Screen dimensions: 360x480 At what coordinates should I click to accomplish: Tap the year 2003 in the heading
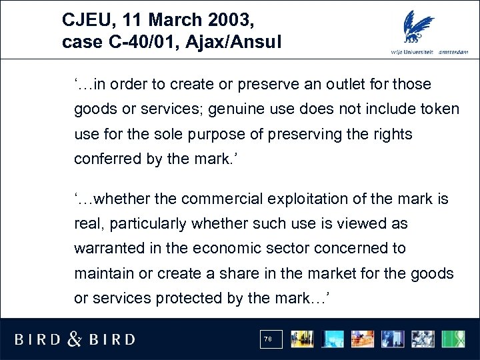(x=227, y=19)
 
